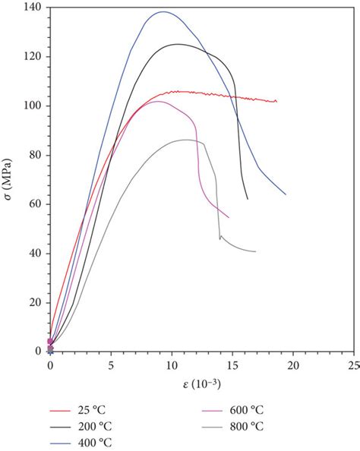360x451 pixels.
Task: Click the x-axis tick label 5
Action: click(x=111, y=365)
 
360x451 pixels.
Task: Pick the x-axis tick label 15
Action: click(x=232, y=365)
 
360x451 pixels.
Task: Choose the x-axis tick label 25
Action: click(x=353, y=365)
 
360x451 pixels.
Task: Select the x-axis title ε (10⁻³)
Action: click(x=201, y=384)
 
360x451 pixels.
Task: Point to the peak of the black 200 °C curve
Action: click(x=178, y=44)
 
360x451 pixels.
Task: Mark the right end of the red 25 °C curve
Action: click(x=276, y=101)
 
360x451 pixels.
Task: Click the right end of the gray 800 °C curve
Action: click(x=255, y=251)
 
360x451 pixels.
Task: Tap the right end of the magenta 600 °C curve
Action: click(x=229, y=217)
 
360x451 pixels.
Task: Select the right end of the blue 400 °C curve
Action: click(x=286, y=194)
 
